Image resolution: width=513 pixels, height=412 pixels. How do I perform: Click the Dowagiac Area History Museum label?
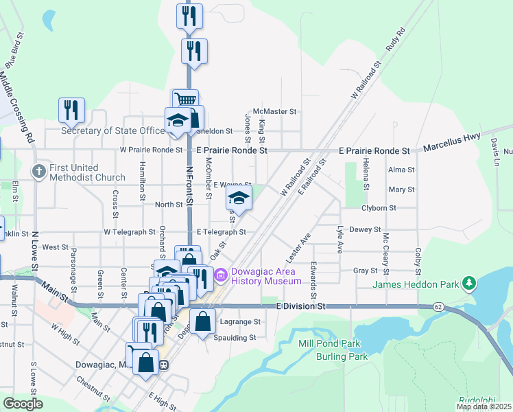[267, 275]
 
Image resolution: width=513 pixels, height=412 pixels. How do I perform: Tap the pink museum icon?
[222, 276]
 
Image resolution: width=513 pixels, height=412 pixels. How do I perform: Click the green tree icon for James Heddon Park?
[469, 283]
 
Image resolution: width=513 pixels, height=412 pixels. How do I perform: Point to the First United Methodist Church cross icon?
[40, 172]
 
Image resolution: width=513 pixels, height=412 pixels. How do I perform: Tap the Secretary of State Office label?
[113, 130]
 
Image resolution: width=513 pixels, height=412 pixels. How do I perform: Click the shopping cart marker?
[184, 101]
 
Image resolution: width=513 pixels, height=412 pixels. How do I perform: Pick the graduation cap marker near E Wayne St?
[239, 198]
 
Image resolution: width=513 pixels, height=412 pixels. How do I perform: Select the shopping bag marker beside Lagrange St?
[203, 321]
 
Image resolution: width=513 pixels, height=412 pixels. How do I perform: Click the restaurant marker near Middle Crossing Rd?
[71, 110]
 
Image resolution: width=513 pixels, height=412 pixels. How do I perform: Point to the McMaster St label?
[274, 111]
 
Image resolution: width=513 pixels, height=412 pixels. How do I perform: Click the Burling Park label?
[342, 356]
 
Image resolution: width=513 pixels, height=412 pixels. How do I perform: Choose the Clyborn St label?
[383, 207]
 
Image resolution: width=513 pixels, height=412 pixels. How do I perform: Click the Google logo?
[22, 403]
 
